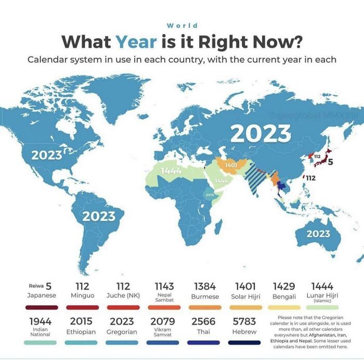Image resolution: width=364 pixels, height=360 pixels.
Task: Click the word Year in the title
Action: [x=136, y=41]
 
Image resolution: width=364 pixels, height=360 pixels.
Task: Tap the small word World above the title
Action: [x=182, y=25]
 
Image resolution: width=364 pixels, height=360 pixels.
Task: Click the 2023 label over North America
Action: [x=46, y=155]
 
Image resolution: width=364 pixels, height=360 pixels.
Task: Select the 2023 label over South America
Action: [x=99, y=215]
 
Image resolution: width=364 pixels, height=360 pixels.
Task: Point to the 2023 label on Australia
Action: [x=318, y=234]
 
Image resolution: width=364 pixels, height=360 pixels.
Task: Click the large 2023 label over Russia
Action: [x=261, y=134]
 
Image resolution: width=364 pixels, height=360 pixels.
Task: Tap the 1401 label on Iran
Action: [x=231, y=165]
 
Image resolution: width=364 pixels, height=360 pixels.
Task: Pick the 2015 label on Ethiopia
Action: [x=210, y=195]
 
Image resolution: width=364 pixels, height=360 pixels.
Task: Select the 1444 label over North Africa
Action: [x=171, y=171]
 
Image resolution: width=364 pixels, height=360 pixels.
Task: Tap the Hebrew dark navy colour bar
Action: [x=244, y=342]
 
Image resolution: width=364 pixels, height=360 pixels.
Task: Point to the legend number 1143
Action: [x=164, y=286]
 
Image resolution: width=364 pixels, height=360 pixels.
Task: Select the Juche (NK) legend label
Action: [x=123, y=295]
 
